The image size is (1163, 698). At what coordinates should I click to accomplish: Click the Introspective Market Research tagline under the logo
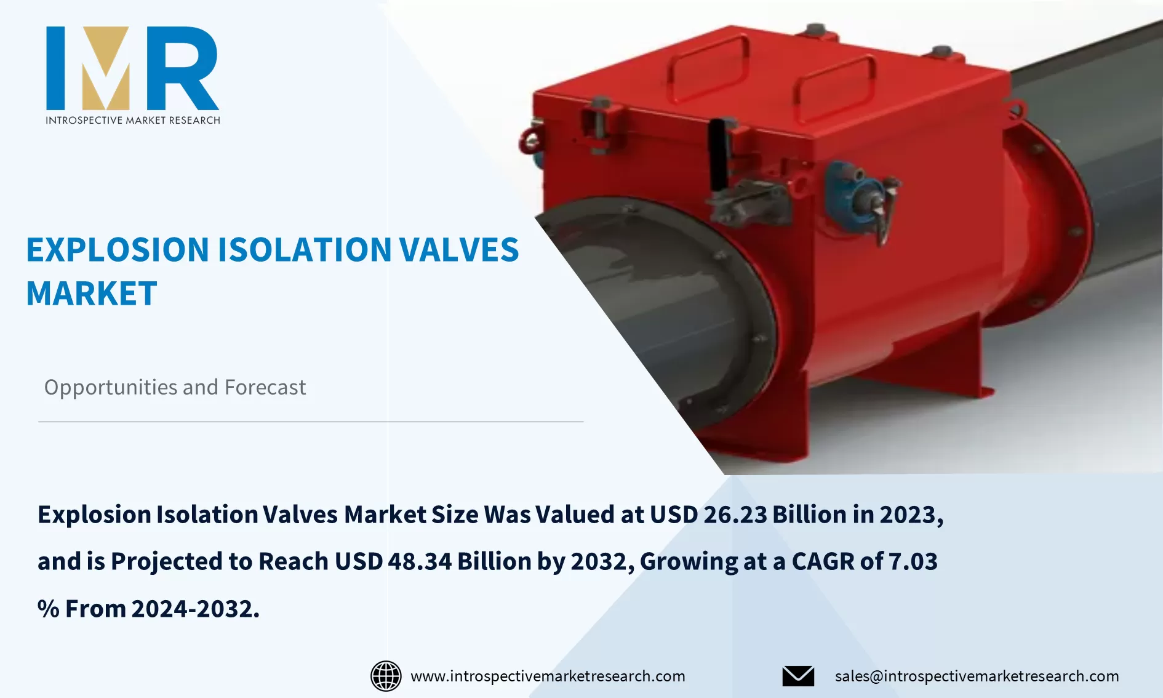(x=132, y=120)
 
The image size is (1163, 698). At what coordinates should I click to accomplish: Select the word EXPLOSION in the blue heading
(x=118, y=250)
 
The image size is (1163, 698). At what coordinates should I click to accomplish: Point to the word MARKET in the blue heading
(x=92, y=294)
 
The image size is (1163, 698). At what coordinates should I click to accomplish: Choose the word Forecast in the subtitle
(x=265, y=387)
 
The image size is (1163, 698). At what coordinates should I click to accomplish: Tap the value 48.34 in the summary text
(x=420, y=561)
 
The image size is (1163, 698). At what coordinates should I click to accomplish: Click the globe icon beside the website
(x=386, y=676)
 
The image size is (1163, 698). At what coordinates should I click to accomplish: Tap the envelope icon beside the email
(x=798, y=676)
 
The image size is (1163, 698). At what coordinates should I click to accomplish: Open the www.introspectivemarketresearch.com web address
(x=548, y=676)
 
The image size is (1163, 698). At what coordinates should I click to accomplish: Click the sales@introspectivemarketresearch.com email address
(x=977, y=676)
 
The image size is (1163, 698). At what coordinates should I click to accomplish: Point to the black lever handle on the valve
(x=717, y=154)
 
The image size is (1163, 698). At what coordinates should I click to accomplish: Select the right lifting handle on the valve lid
(x=836, y=86)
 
